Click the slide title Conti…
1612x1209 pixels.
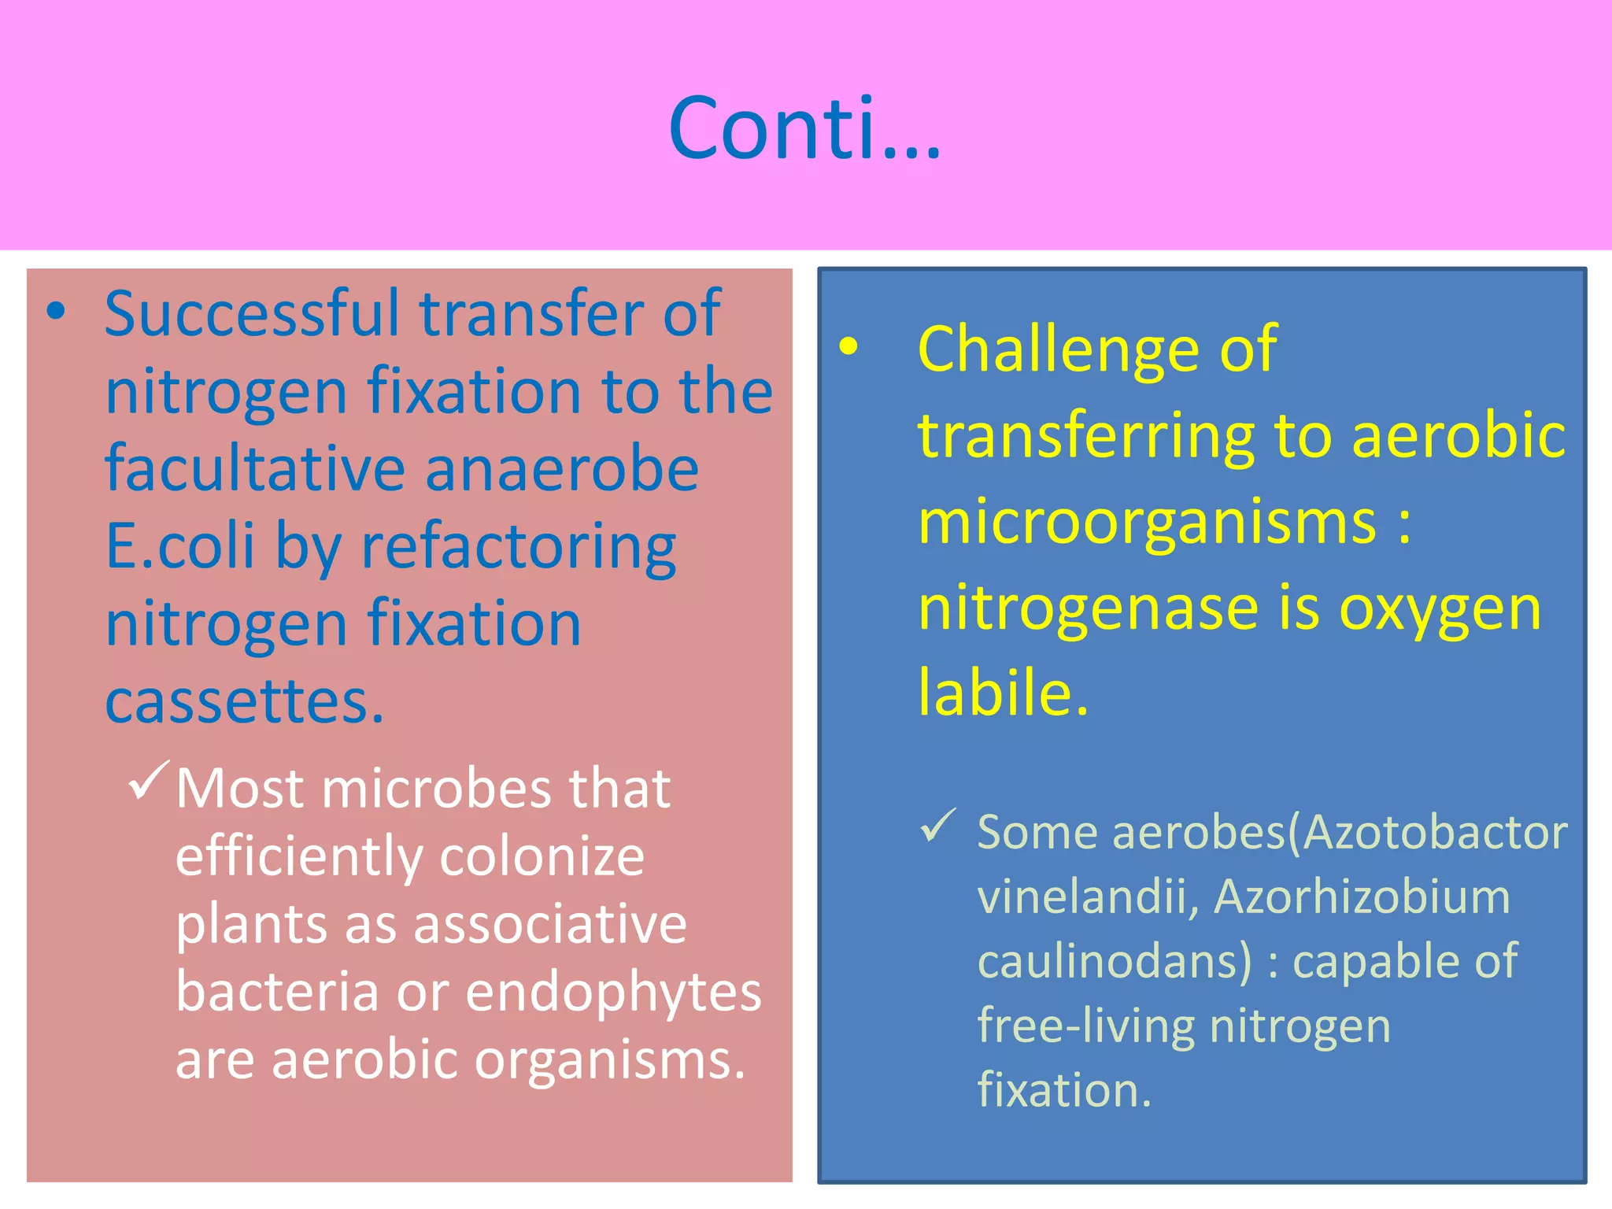pyautogui.click(x=804, y=128)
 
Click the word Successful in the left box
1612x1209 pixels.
pyautogui.click(x=253, y=314)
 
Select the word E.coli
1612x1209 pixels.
pyautogui.click(x=180, y=545)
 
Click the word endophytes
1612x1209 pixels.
pyautogui.click(x=614, y=993)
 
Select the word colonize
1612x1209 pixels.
pyautogui.click(x=542, y=856)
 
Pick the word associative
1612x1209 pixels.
pyautogui.click(x=550, y=924)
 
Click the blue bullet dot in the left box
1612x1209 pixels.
pyautogui.click(x=56, y=312)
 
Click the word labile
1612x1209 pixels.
pyautogui.click(x=1003, y=693)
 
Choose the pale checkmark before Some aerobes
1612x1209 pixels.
pyautogui.click(x=937, y=826)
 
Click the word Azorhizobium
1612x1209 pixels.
pyautogui.click(x=1362, y=897)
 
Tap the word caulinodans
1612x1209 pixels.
pyautogui.click(x=1114, y=962)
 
